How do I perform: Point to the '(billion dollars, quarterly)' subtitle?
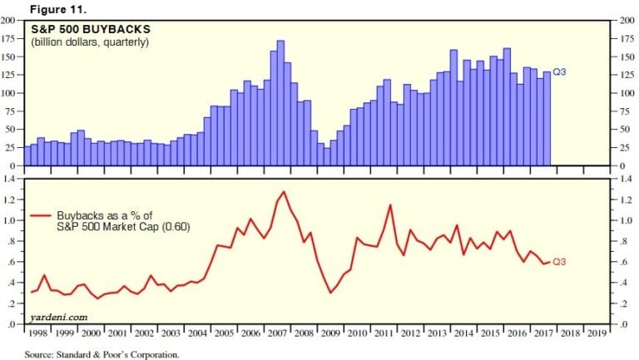pyautogui.click(x=91, y=42)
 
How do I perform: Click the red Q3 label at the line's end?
pyautogui.click(x=560, y=262)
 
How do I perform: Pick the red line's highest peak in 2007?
pyautogui.click(x=284, y=192)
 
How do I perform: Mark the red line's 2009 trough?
pyautogui.click(x=330, y=293)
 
